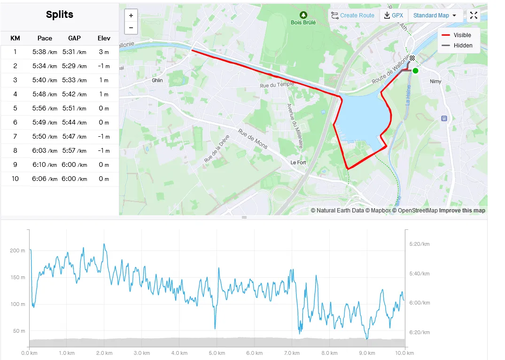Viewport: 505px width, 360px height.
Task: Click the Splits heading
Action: pos(60,15)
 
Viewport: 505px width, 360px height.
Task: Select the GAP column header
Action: pos(74,38)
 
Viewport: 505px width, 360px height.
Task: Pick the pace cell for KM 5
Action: pos(45,109)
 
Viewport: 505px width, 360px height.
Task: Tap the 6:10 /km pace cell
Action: pos(45,165)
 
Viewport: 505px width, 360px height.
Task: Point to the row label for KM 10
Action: pos(15,179)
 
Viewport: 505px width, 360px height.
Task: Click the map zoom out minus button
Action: pos(131,28)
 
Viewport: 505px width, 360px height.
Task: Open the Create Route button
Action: pos(353,16)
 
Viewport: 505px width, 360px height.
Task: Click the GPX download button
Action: pos(394,16)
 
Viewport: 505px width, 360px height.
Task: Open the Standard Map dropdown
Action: pos(435,16)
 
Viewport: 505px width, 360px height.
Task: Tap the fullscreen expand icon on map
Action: pos(474,16)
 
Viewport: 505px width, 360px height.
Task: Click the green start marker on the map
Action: pos(415,70)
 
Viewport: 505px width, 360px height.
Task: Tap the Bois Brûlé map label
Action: pos(303,22)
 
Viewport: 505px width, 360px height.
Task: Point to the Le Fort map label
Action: pos(298,163)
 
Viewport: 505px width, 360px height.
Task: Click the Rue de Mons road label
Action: pos(252,139)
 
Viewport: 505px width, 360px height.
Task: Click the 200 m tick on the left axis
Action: pos(17,250)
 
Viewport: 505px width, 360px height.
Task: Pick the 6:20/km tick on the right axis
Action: pos(420,332)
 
